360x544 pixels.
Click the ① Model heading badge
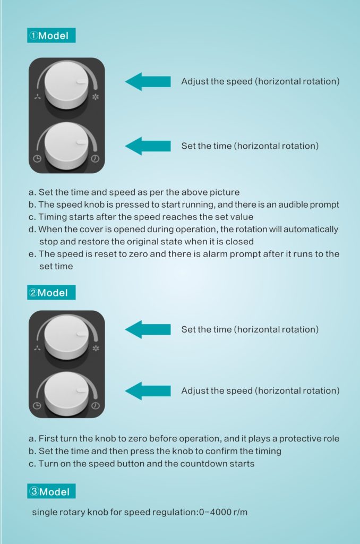pyautogui.click(x=52, y=36)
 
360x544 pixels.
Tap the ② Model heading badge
pyautogui.click(x=52, y=293)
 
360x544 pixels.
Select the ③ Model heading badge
pyautogui.click(x=52, y=491)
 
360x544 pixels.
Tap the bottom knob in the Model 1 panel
pyautogui.click(x=66, y=144)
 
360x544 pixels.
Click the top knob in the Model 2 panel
pyautogui.click(x=66, y=337)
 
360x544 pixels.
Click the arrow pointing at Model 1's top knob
pyautogui.click(x=148, y=81)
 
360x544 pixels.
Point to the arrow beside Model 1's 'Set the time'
pyautogui.click(x=148, y=146)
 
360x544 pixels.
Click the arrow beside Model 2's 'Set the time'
pyautogui.click(x=148, y=329)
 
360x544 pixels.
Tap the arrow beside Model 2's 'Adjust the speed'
pyautogui.click(x=148, y=390)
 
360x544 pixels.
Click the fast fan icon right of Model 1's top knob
pyautogui.click(x=96, y=97)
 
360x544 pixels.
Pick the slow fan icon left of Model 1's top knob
pyautogui.click(x=38, y=97)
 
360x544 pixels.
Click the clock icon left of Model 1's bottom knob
pyautogui.click(x=37, y=159)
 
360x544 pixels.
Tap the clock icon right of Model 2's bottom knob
pyautogui.click(x=96, y=405)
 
